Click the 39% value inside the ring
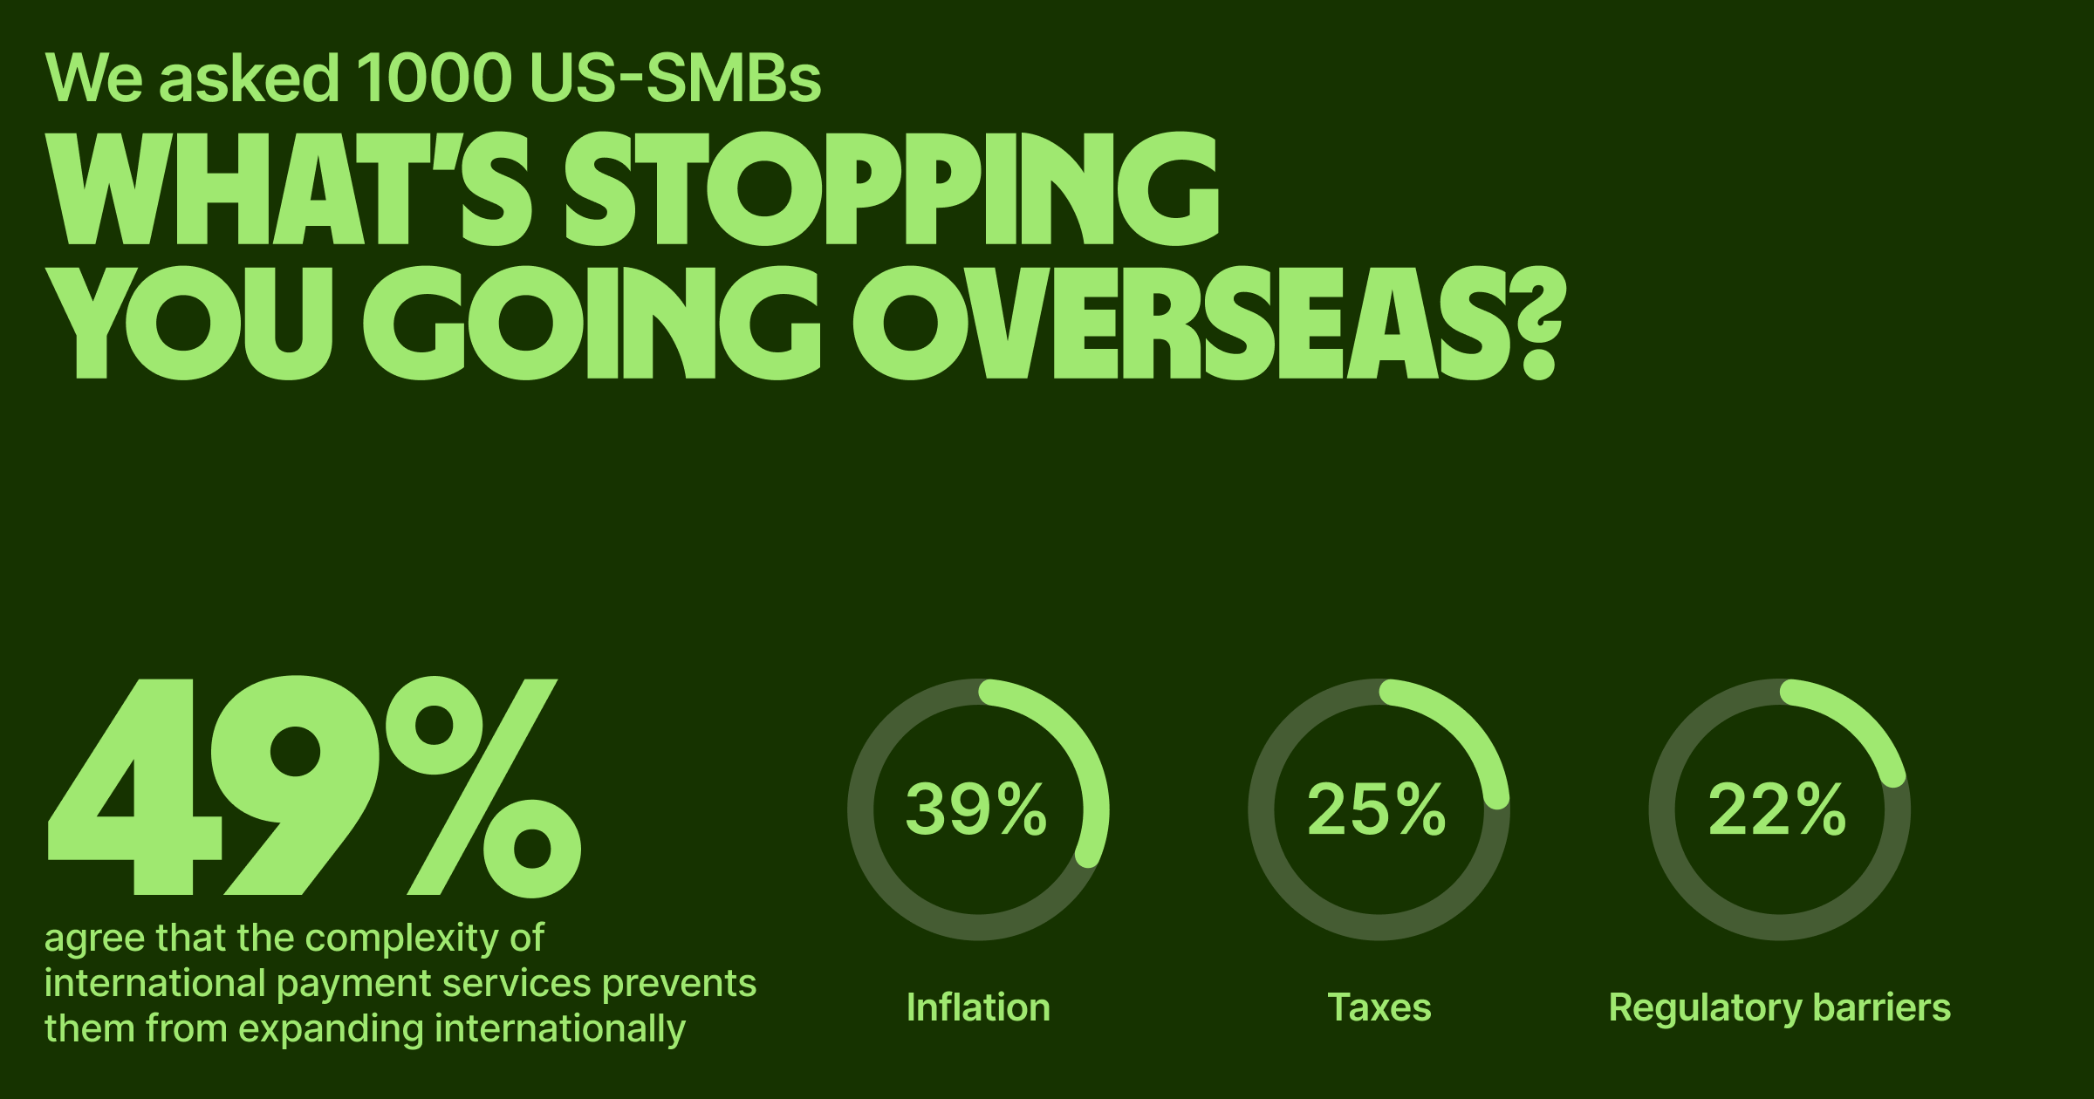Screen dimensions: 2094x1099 point(976,809)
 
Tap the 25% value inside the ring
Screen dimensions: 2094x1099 point(1377,809)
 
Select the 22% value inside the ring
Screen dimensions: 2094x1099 point(1777,809)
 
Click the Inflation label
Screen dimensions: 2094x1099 point(978,1007)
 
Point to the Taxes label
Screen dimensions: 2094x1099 point(1379,1007)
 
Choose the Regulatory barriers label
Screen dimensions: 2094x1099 point(1780,1008)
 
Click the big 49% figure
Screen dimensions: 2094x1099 point(314,787)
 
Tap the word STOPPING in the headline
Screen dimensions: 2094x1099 point(891,189)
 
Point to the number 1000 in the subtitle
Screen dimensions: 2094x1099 point(434,78)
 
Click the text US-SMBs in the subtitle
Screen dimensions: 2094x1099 point(674,78)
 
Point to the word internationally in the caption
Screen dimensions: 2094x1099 point(559,1028)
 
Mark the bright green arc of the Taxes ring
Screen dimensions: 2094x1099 point(1467,733)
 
